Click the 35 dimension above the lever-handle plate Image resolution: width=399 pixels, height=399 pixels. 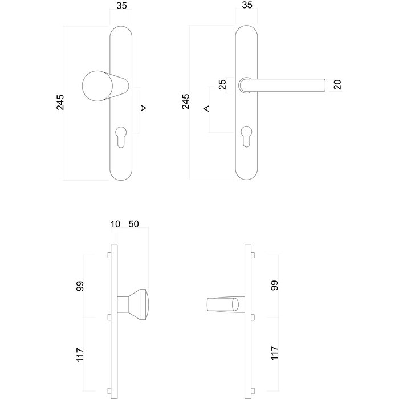click(246, 7)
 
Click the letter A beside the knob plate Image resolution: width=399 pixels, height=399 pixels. click(144, 108)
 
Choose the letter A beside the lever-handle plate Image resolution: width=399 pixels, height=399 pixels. click(207, 108)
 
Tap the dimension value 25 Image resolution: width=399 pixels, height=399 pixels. click(223, 84)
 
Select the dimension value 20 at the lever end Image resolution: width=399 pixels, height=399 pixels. click(337, 85)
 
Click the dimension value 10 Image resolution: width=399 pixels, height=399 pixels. click(115, 224)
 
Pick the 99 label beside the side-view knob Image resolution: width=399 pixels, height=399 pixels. click(80, 286)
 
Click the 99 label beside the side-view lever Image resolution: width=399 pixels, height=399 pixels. click(275, 286)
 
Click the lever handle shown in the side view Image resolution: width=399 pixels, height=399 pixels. click(223, 305)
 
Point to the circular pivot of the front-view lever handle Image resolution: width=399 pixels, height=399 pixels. click(246, 84)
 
